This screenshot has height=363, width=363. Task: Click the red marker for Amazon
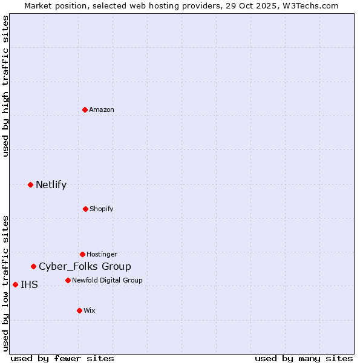click(x=85, y=110)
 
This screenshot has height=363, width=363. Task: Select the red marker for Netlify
click(x=30, y=185)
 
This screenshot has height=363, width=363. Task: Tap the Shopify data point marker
click(x=85, y=209)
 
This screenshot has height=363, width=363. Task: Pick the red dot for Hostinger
click(x=82, y=254)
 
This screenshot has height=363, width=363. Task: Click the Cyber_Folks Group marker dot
click(x=34, y=266)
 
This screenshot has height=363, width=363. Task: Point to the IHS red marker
click(x=15, y=284)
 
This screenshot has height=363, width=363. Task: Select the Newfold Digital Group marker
click(x=68, y=280)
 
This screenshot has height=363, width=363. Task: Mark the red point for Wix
click(x=79, y=310)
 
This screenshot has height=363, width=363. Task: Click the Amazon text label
click(x=102, y=110)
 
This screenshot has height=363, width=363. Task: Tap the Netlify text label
click(x=51, y=185)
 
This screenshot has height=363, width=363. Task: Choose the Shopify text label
click(x=101, y=209)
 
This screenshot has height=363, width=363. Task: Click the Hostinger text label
click(x=102, y=254)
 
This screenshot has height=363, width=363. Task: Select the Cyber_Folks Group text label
click(x=85, y=266)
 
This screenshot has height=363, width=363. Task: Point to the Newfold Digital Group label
click(x=107, y=280)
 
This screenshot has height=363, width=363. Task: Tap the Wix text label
click(x=89, y=310)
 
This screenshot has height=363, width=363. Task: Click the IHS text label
click(x=29, y=284)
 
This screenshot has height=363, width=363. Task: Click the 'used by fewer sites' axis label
click(x=62, y=358)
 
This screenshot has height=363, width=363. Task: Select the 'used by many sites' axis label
click(x=304, y=358)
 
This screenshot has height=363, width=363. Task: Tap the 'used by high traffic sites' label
click(x=5, y=87)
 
